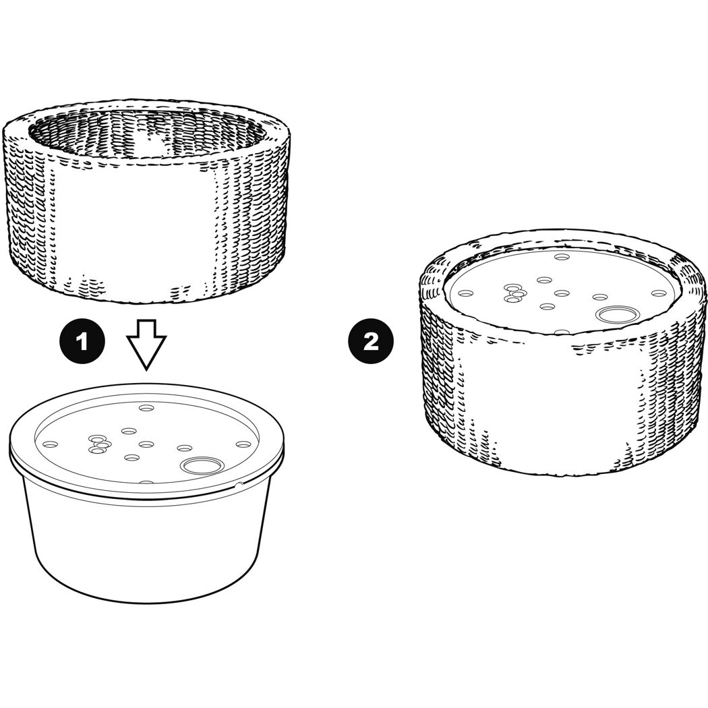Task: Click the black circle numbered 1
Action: point(82,341)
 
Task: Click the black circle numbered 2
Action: point(371,341)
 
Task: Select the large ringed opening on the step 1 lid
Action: point(202,464)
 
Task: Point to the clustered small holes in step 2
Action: point(515,293)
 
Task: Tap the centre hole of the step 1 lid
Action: point(146,445)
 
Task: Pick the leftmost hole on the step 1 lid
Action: point(50,444)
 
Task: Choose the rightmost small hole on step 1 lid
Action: point(243,444)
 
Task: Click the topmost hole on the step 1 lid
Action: point(146,408)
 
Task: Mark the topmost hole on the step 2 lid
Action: point(562,257)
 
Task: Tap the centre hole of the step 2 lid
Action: point(562,293)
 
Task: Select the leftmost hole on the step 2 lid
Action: point(465,293)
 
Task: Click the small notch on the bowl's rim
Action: point(240,485)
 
